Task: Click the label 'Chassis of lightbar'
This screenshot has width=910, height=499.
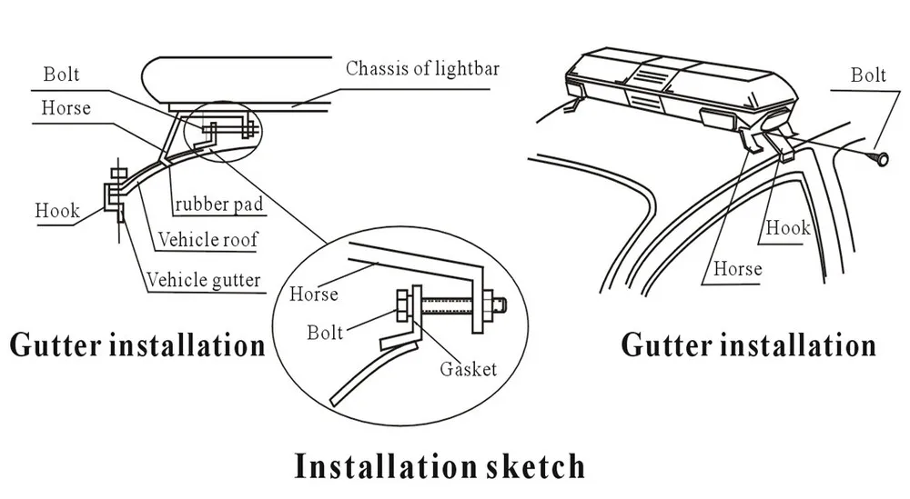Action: click(x=423, y=69)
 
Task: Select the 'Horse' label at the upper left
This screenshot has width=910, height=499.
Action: click(x=66, y=108)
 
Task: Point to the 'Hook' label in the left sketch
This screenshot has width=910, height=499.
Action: click(x=56, y=210)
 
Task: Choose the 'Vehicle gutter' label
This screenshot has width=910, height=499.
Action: click(x=205, y=280)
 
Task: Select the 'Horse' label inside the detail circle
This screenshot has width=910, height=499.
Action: click(x=314, y=294)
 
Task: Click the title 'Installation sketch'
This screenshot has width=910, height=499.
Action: click(x=440, y=465)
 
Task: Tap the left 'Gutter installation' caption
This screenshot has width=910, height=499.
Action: click(x=137, y=345)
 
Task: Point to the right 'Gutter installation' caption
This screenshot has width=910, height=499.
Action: click(x=748, y=344)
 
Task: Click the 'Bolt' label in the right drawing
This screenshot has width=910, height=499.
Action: click(x=868, y=75)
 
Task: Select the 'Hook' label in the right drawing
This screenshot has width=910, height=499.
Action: click(x=787, y=227)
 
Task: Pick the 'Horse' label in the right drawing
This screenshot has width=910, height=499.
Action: click(x=737, y=268)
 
